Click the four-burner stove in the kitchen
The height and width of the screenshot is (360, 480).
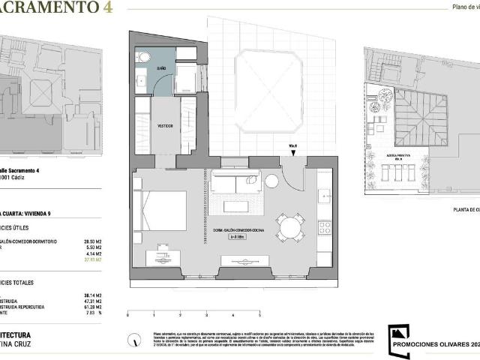point(325,226)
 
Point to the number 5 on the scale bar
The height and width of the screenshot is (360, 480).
point(259,316)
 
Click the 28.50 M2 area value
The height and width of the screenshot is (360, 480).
point(95,242)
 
